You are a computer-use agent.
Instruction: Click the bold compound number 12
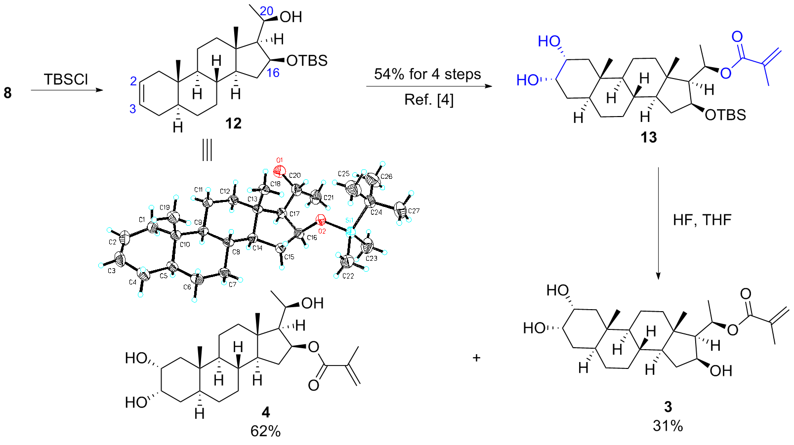(233, 123)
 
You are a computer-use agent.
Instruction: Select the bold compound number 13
(649, 137)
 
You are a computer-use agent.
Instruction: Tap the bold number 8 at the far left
(7, 93)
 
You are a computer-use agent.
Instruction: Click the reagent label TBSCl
(66, 80)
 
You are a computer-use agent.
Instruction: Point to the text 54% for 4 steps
(427, 74)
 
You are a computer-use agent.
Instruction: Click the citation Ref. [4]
(429, 100)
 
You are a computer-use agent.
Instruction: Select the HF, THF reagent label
(702, 220)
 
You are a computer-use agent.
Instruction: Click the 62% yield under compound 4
(265, 432)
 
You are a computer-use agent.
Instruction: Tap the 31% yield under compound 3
(668, 426)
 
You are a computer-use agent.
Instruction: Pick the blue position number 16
(273, 73)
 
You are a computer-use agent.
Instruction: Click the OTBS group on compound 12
(307, 61)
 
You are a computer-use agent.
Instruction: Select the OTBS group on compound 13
(726, 115)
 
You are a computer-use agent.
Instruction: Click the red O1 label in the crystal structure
(280, 161)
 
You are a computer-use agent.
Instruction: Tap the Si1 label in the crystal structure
(350, 221)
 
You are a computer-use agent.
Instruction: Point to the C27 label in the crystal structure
(414, 211)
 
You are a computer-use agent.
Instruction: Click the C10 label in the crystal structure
(185, 244)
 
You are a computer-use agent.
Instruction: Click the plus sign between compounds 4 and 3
(476, 358)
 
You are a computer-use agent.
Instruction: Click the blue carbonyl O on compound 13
(737, 37)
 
